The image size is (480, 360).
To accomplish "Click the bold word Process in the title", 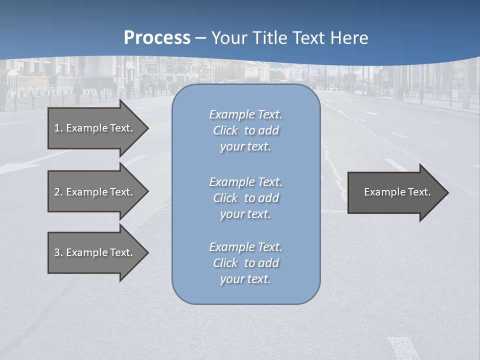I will click(157, 38).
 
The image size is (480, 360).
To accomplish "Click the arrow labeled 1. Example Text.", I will click(95, 128).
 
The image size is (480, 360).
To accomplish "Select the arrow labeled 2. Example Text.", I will click(95, 192).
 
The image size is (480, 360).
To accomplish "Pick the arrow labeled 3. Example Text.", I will click(95, 252).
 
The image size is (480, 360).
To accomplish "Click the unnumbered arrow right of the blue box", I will click(395, 192).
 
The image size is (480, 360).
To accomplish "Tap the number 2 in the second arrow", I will click(57, 192).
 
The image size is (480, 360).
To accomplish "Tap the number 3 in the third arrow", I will click(57, 252).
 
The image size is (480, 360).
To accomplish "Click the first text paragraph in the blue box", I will click(245, 130).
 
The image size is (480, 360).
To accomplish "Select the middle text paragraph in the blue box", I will click(245, 198).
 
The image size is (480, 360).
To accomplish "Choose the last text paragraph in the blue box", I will click(245, 263).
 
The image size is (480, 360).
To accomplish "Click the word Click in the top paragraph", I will click(225, 130).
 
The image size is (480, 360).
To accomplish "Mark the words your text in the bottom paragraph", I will click(245, 279).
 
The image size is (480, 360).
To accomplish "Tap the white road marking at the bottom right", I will click(403, 347).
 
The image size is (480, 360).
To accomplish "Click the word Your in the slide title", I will click(227, 38).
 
